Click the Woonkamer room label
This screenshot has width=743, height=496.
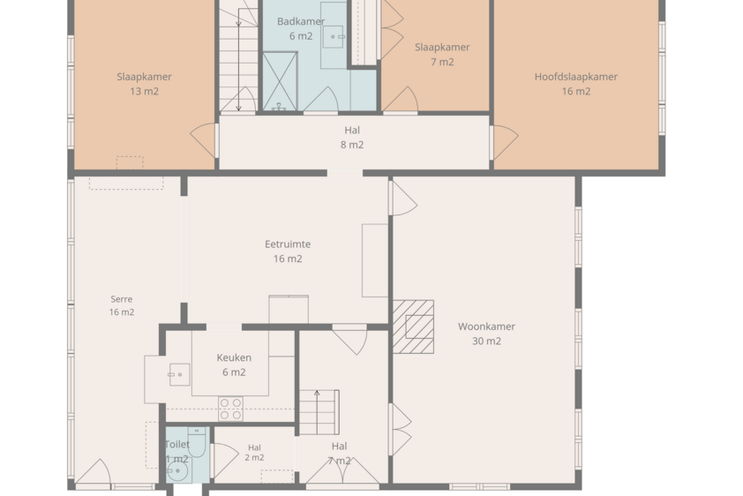[x=486, y=327]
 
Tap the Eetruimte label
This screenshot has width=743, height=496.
[x=288, y=244]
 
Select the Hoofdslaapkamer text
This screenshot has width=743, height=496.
[x=575, y=77]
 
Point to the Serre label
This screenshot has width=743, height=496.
[x=121, y=299]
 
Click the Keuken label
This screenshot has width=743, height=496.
[x=234, y=357]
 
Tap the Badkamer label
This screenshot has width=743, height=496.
[x=301, y=21]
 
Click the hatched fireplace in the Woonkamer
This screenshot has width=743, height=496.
[x=413, y=327]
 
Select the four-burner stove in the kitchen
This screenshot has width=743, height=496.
[x=231, y=409]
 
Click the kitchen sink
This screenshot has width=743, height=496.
[x=180, y=375]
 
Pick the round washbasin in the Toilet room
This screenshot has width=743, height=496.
[x=177, y=471]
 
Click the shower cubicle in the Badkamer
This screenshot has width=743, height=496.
[x=280, y=81]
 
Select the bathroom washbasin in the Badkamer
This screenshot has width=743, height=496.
[x=334, y=36]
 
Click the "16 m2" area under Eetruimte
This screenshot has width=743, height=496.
[x=288, y=259]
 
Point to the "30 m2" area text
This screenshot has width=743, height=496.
[x=486, y=341]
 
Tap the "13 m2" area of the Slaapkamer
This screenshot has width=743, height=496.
[x=144, y=92]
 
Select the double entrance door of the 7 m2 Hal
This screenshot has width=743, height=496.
[x=342, y=470]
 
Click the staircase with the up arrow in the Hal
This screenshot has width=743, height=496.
[x=319, y=412]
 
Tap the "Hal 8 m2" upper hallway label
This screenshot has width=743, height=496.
[x=352, y=138]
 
